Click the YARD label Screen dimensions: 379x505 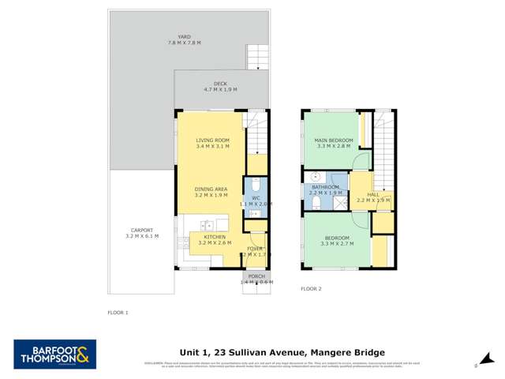[x=184, y=37]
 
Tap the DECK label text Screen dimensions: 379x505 [x=220, y=84]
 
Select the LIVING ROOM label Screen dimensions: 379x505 [x=212, y=141]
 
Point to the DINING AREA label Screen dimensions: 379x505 [x=212, y=189]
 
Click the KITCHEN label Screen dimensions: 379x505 [x=215, y=237]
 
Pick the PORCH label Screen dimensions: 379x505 [x=256, y=276]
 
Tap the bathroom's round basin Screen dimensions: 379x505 [x=314, y=177]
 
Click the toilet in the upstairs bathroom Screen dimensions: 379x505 [x=315, y=204]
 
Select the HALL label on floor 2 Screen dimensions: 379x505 [x=373, y=194]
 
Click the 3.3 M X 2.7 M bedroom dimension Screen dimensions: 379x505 [x=333, y=244]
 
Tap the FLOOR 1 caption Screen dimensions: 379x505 [x=118, y=313]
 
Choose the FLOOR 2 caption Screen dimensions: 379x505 [x=311, y=289]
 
